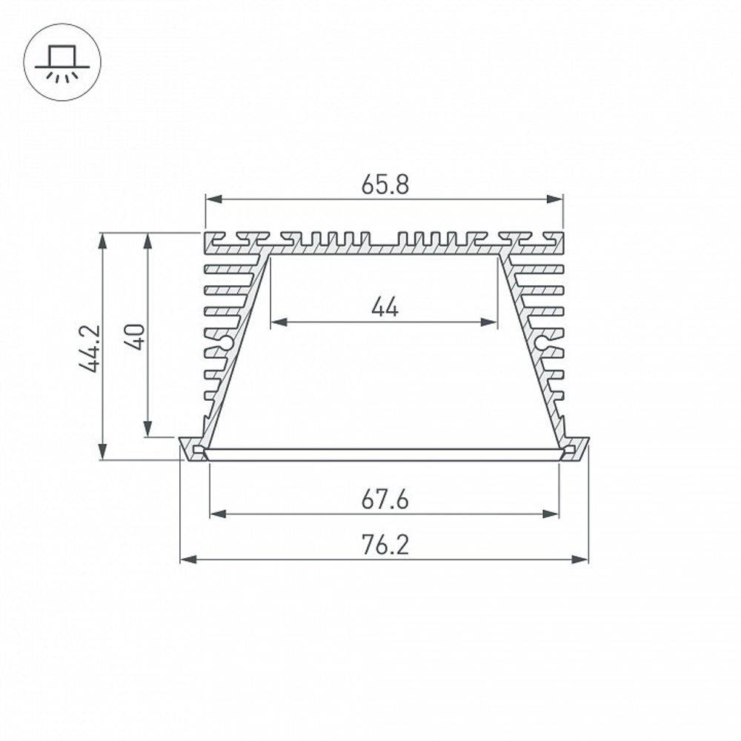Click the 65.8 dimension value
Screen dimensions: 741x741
point(385,185)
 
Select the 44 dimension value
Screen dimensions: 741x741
point(385,307)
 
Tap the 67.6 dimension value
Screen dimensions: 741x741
point(385,500)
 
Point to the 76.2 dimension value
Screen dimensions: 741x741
point(385,545)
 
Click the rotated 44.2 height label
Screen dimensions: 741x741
point(90,347)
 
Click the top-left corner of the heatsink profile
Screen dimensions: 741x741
point(205,234)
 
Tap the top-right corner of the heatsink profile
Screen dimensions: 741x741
point(563,234)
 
